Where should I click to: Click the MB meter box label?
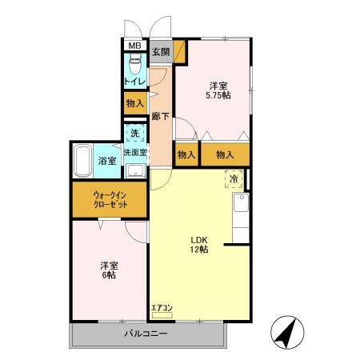(135, 46)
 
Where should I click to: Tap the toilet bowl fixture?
(135, 63)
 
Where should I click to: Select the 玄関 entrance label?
(161, 52)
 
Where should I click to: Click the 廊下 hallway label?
(161, 116)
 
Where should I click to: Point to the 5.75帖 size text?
(218, 95)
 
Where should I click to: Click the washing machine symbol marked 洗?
(135, 133)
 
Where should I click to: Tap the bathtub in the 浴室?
(82, 161)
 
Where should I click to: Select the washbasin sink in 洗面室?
(135, 170)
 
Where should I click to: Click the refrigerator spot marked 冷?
(234, 179)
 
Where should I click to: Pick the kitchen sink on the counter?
(241, 202)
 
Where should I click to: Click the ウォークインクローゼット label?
(110, 200)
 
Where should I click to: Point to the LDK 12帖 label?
(199, 245)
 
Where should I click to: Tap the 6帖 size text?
(110, 275)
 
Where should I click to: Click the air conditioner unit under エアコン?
(162, 315)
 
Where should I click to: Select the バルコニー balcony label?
(146, 334)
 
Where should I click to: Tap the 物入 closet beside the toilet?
(135, 103)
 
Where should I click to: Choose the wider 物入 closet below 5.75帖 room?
(225, 154)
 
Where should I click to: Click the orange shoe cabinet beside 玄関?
(179, 51)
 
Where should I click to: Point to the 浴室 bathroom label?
(107, 161)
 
